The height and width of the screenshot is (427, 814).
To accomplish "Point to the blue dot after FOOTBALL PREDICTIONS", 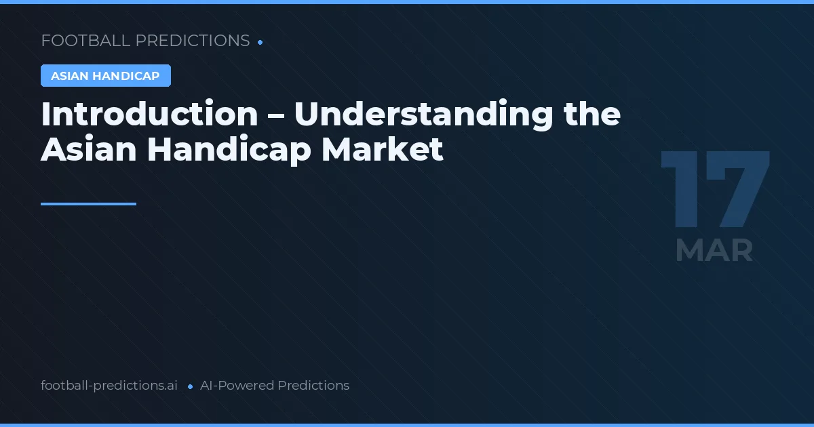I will tap(260, 42).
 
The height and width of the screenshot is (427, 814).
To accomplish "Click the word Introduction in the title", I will tap(149, 114).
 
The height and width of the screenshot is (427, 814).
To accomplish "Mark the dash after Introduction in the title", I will tap(275, 115).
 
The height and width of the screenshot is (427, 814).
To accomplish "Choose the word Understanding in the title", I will tap(424, 114).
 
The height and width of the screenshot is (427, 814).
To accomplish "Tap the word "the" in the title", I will tap(592, 114).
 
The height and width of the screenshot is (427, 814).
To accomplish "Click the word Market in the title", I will tap(383, 150).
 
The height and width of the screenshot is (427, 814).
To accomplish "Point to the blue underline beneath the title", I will tap(88, 203).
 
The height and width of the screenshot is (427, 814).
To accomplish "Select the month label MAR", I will tap(714, 251).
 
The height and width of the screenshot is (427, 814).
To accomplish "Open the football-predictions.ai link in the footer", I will tap(109, 386).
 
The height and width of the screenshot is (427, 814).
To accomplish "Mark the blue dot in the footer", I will tap(190, 386).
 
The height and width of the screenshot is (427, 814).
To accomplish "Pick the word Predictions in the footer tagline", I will tap(313, 386).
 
